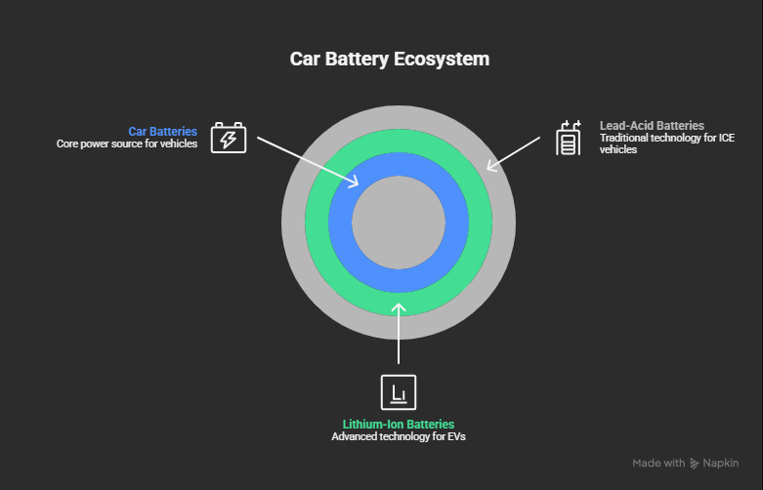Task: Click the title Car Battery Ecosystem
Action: [390, 60]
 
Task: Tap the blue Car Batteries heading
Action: [162, 131]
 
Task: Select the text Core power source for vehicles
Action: [126, 143]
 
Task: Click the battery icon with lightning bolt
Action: [229, 139]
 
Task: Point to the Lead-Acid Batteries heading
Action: [652, 126]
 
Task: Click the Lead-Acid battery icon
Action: [568, 139]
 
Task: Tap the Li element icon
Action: [398, 392]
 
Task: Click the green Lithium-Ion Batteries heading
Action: [399, 425]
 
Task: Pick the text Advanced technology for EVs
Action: [399, 437]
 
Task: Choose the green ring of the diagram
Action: [398, 303]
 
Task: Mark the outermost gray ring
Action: [398, 326]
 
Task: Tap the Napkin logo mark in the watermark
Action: [695, 463]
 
